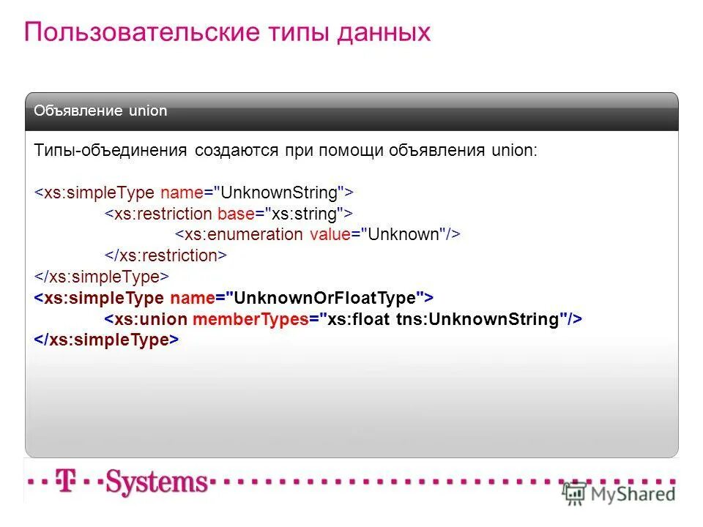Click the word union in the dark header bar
point(148,111)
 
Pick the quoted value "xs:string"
point(305,214)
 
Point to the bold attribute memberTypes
point(250,319)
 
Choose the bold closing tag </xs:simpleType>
point(107,340)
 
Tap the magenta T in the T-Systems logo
point(67,482)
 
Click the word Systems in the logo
point(157,482)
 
